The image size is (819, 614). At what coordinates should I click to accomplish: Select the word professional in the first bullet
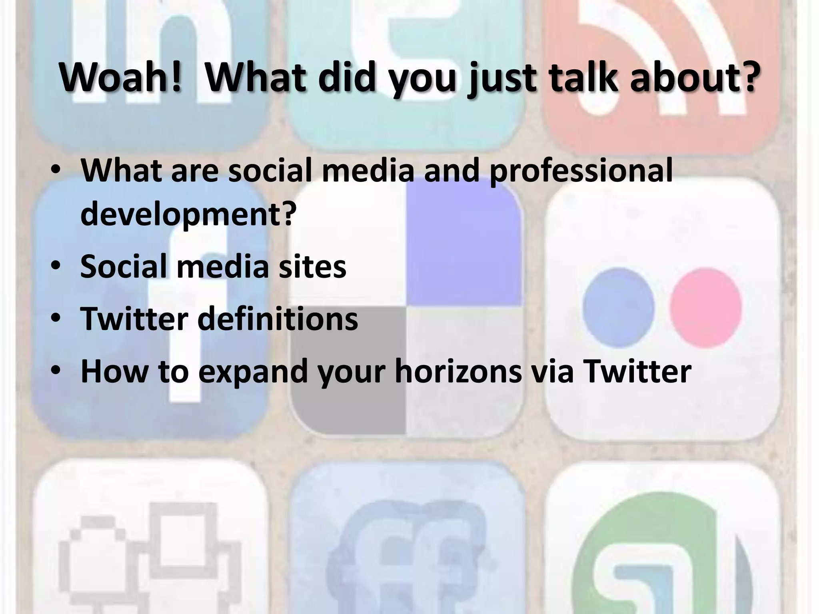point(581,171)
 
